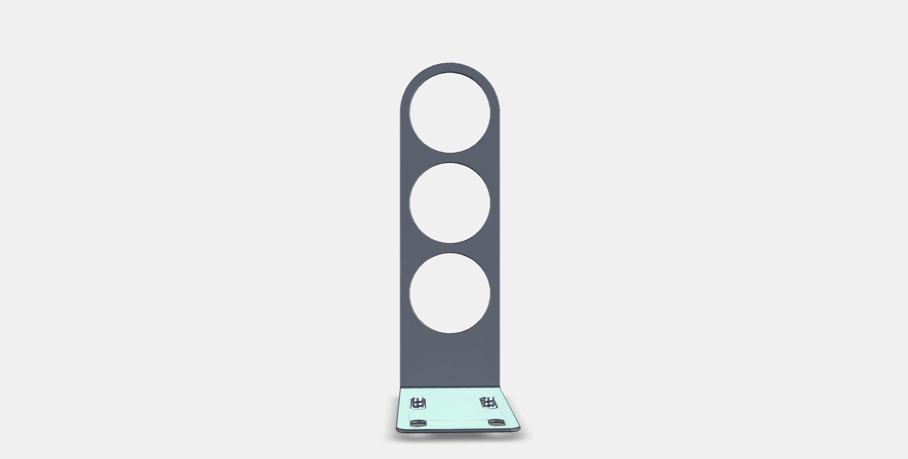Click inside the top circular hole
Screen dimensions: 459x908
pos(450,112)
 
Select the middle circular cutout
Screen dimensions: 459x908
pos(450,203)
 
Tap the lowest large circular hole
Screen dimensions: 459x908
pos(450,293)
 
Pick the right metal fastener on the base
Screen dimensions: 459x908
pos(488,402)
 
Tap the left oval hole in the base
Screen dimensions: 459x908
pos(418,423)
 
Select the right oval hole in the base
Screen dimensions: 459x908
pos(496,422)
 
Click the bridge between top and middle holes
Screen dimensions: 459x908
pos(450,158)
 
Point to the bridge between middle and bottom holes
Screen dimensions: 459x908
pos(450,248)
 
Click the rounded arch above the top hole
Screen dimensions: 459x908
pos(450,67)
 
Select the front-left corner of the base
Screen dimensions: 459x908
pos(397,428)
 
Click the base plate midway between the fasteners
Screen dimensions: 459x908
pos(452,403)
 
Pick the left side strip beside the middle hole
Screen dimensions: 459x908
pos(404,203)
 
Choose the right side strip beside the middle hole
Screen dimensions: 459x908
pos(495,203)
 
